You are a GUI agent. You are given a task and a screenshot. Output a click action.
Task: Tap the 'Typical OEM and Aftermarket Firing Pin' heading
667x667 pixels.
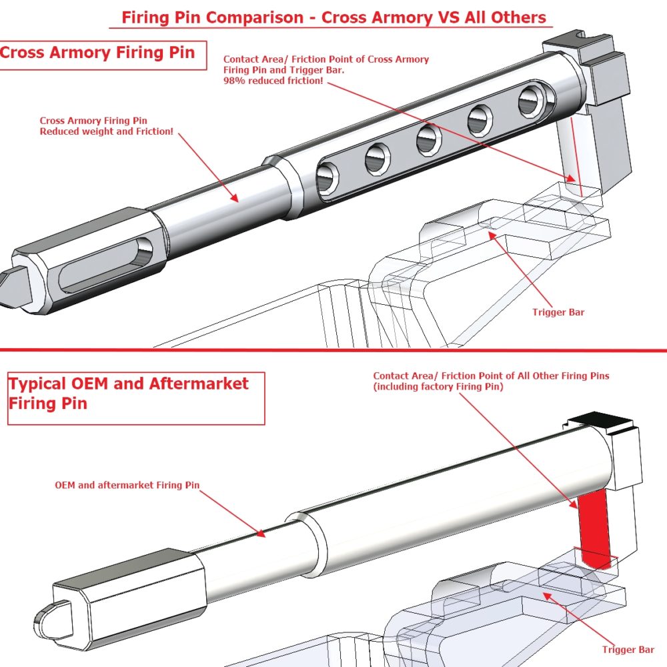tap(128, 394)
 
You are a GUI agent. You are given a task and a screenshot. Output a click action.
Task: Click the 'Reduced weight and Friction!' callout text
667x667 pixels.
tap(107, 131)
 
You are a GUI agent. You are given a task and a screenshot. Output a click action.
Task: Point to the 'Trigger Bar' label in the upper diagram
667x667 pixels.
tap(558, 312)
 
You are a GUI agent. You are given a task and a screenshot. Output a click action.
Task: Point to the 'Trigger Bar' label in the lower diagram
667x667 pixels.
tap(628, 649)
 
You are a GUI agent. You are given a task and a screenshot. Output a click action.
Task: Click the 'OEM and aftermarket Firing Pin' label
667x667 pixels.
tap(127, 485)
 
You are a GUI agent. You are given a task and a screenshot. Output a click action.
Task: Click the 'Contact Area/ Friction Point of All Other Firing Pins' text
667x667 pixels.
tap(491, 376)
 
